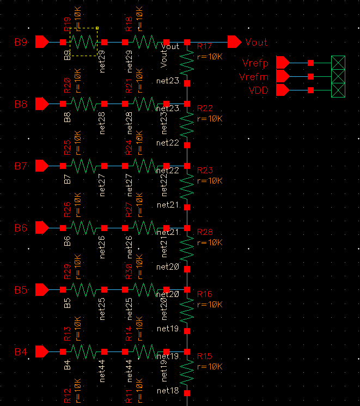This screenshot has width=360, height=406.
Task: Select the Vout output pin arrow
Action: coord(234,42)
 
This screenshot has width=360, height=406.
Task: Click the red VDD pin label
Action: coord(258,90)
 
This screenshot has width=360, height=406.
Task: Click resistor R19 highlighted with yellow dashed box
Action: coord(83,42)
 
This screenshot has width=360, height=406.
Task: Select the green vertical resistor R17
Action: coord(187,63)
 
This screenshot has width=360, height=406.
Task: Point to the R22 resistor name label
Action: coord(205,109)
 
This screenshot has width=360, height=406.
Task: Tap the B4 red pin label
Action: coord(21,352)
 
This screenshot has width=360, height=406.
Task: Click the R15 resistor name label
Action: coord(205,356)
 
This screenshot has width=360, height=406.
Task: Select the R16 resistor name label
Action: coord(205,294)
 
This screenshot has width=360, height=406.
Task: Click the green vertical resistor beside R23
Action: coord(187,186)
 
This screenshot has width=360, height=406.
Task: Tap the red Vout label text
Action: coord(257,42)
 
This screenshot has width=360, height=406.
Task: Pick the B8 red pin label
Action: coord(21,104)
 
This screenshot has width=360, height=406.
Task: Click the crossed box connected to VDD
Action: coord(339,90)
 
